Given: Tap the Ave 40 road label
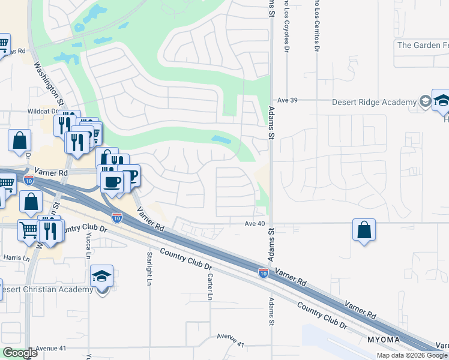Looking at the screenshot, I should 255,224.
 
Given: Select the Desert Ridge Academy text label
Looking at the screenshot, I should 375,102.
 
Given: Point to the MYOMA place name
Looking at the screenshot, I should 380,340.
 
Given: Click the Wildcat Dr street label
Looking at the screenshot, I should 42,112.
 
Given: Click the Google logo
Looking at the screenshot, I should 20,353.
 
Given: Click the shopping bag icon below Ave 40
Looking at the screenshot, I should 364,230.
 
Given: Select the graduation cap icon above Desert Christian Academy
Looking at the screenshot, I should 102,277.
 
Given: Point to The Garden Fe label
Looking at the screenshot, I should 423,45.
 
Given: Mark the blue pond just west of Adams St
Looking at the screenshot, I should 221,140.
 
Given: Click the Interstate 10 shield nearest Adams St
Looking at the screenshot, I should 263,272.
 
